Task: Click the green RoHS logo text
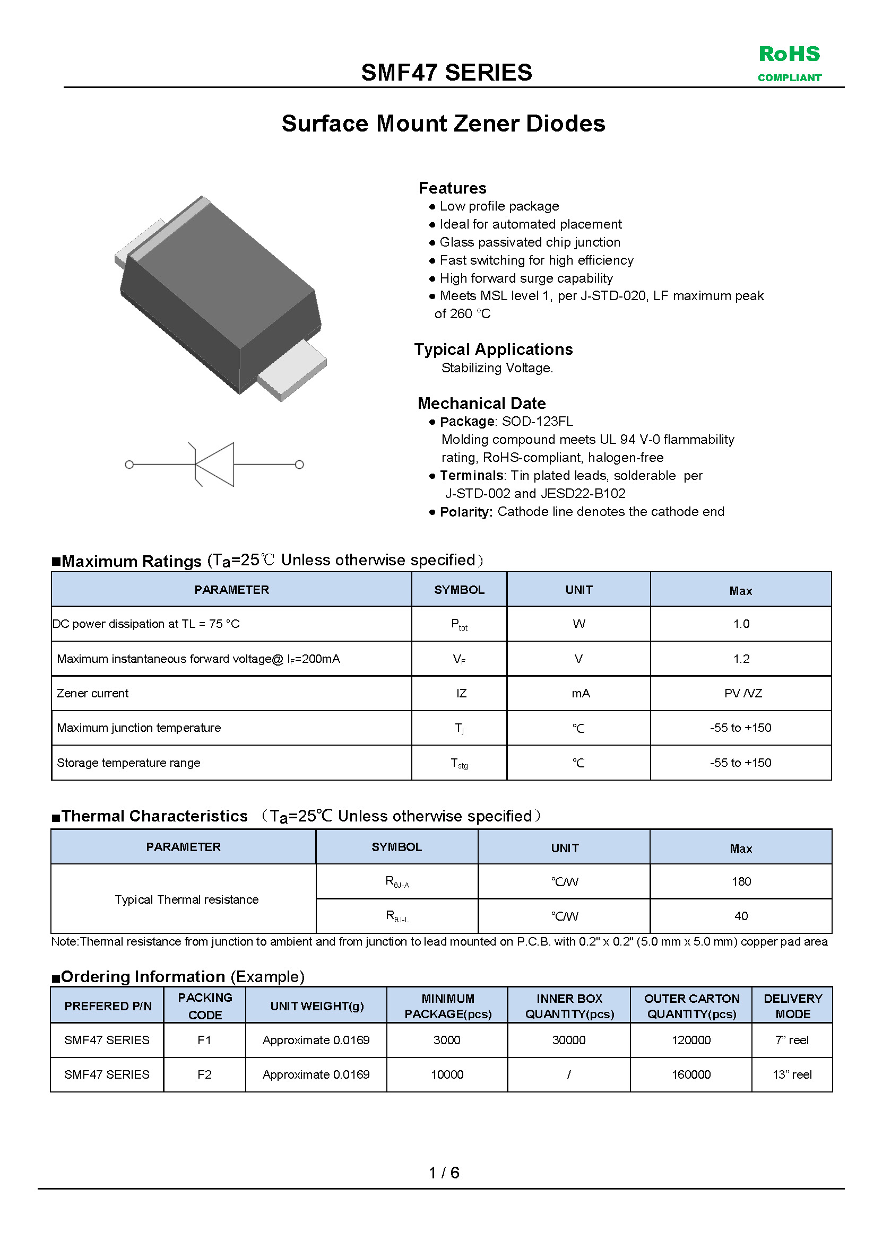click(x=789, y=54)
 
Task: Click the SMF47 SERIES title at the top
click(x=446, y=72)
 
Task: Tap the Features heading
click(x=452, y=188)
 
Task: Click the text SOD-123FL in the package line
click(x=537, y=421)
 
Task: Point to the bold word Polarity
click(x=466, y=512)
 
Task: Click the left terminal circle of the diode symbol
click(x=129, y=465)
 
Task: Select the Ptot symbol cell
click(x=459, y=624)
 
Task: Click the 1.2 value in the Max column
click(x=741, y=659)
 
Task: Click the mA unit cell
click(x=580, y=693)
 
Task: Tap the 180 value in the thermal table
click(x=741, y=881)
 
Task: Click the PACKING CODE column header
click(x=205, y=1006)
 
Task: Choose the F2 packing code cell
click(x=204, y=1074)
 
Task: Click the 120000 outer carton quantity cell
click(x=691, y=1039)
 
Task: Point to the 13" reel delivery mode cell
click(x=792, y=1074)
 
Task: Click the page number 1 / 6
click(x=444, y=1173)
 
